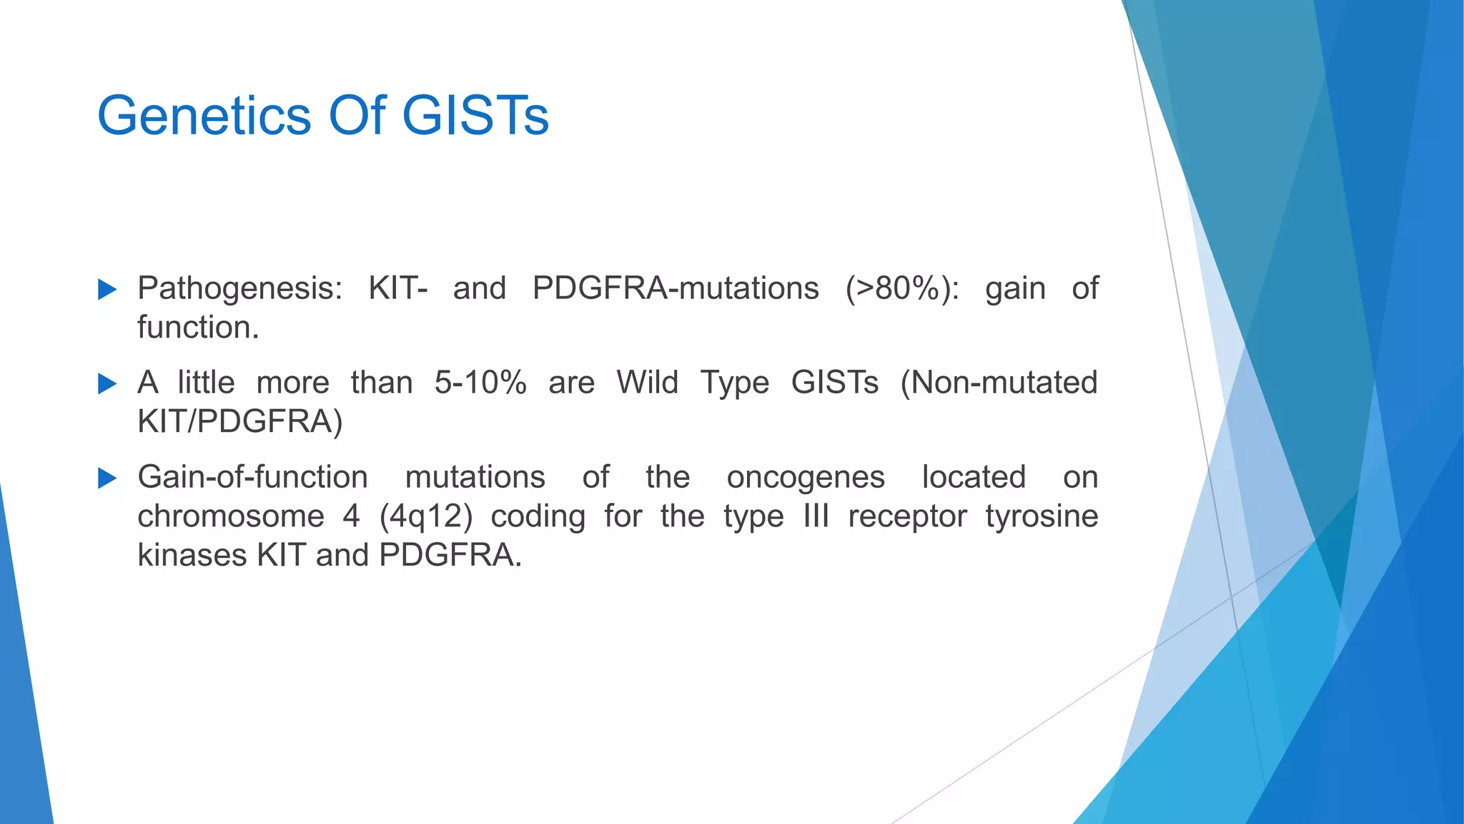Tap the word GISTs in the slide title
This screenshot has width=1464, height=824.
tap(475, 116)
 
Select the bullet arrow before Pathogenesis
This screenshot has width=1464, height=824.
tap(107, 290)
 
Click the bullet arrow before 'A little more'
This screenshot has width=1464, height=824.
tap(107, 384)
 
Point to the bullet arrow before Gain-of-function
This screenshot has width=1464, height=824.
tap(107, 478)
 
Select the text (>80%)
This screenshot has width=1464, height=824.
tap(902, 289)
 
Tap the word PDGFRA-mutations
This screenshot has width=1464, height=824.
tap(676, 289)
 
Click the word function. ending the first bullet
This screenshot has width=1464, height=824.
tap(198, 328)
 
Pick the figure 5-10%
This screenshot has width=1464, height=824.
tap(480, 383)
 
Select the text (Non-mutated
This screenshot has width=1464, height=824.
tap(999, 383)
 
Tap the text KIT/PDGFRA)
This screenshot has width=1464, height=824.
tap(240, 422)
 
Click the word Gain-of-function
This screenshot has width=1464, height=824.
tap(252, 477)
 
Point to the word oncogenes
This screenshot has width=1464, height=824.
tap(806, 477)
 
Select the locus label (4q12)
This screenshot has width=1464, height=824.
tap(426, 516)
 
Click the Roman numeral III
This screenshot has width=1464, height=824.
tap(816, 516)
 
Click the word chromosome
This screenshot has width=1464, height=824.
tap(231, 516)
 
